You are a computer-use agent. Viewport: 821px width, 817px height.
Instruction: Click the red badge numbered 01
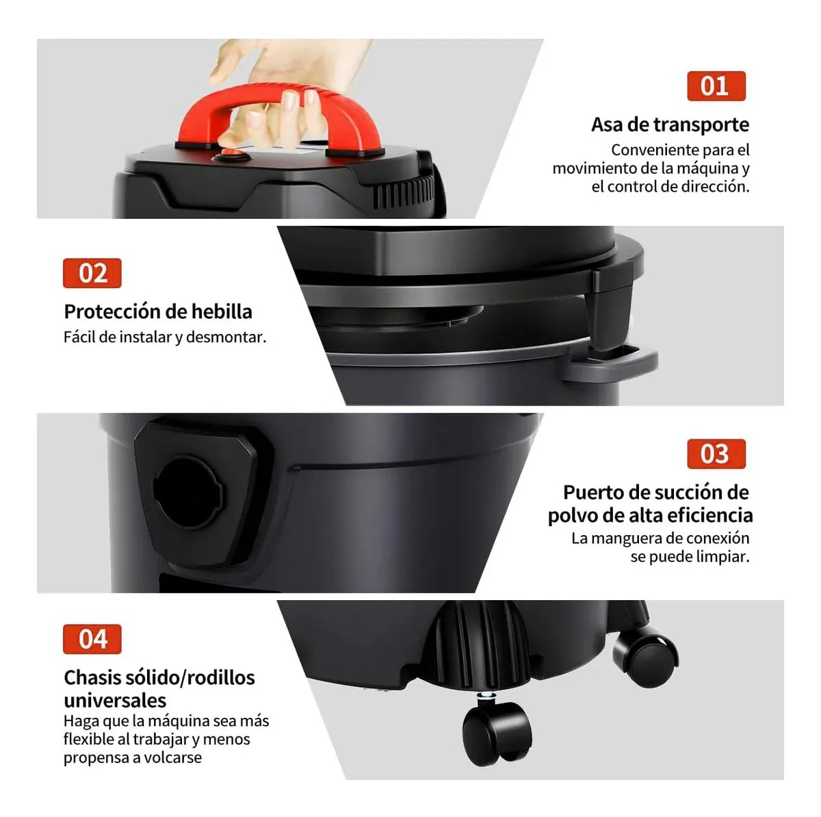point(716,86)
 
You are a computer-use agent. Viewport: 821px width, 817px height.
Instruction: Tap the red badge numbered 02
point(92,273)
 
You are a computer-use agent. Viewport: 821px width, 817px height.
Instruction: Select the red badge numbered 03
point(716,454)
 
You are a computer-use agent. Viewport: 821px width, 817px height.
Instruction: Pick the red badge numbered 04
point(92,639)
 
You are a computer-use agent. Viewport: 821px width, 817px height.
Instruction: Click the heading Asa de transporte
point(670,125)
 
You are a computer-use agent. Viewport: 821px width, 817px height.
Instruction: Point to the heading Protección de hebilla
point(158,311)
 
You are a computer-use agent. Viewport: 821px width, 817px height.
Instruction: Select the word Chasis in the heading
point(91,677)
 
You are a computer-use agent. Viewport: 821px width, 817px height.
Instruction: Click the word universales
point(115,700)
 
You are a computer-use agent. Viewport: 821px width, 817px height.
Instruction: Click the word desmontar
point(226,337)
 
